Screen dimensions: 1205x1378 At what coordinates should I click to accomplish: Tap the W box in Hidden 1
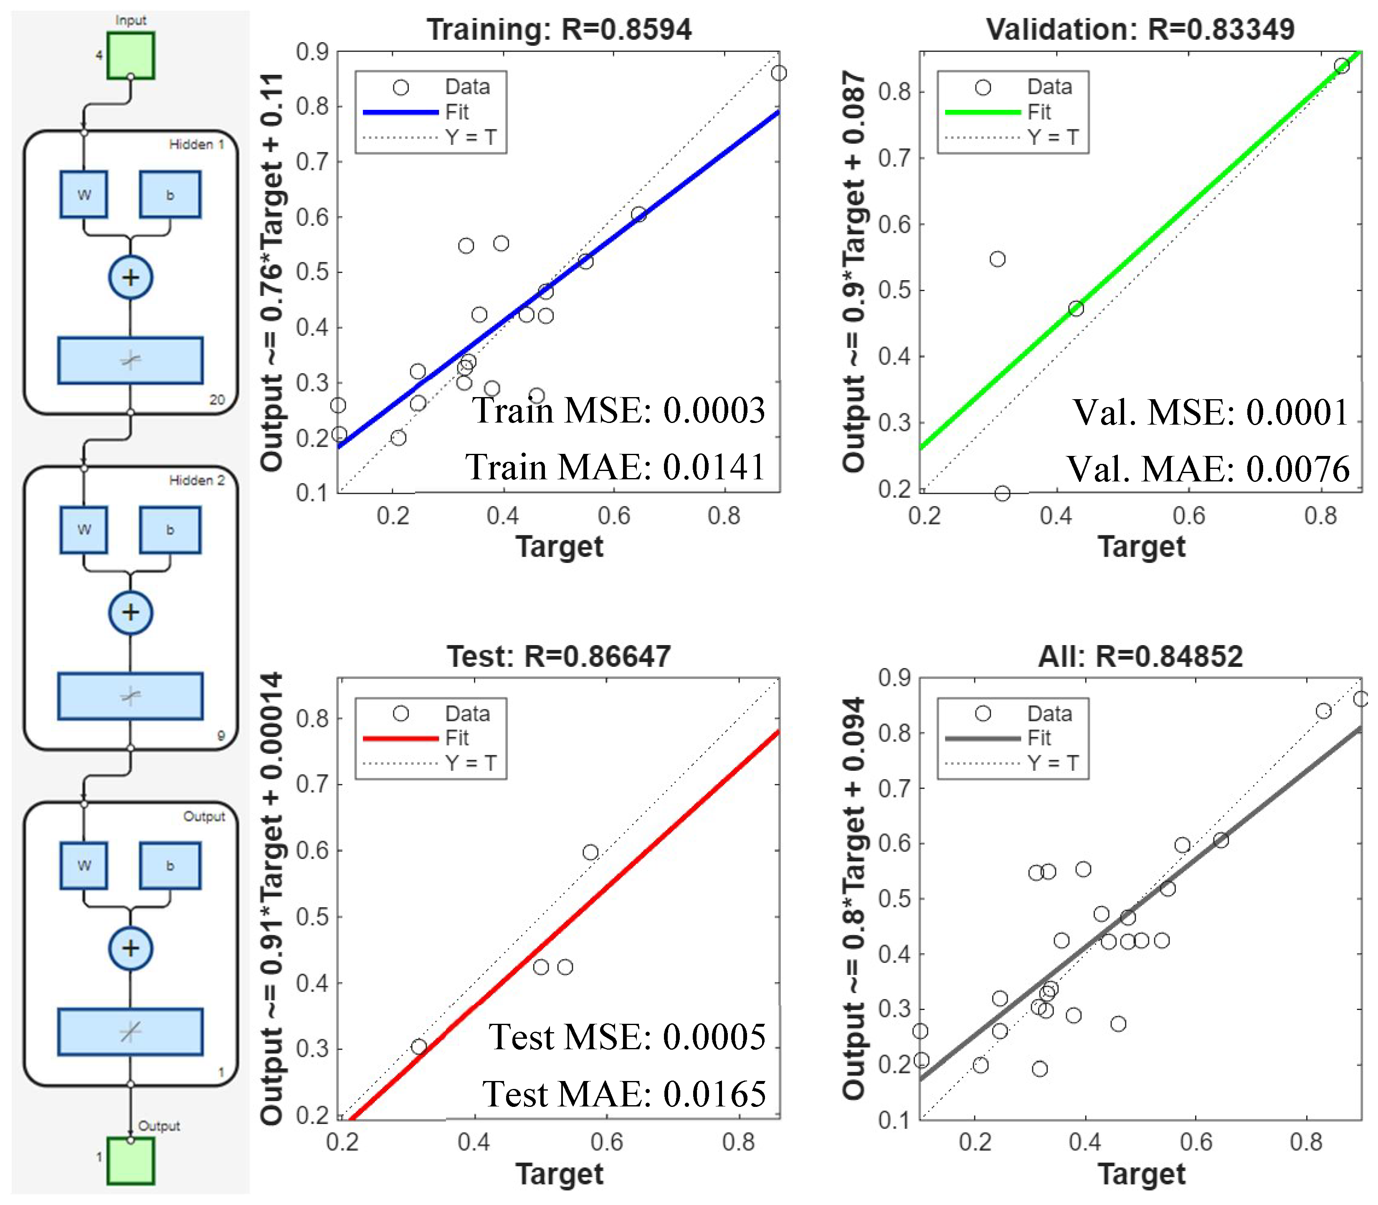[84, 194]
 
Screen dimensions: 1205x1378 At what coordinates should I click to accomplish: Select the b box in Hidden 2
[170, 530]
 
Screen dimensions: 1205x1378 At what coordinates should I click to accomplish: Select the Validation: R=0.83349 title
[1140, 30]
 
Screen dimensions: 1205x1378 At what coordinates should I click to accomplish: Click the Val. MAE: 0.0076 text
[1208, 469]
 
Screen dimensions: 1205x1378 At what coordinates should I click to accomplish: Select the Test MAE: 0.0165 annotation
[624, 1094]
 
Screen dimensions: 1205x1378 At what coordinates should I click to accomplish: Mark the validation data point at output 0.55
[997, 259]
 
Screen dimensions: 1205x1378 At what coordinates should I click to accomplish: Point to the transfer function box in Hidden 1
[130, 360]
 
